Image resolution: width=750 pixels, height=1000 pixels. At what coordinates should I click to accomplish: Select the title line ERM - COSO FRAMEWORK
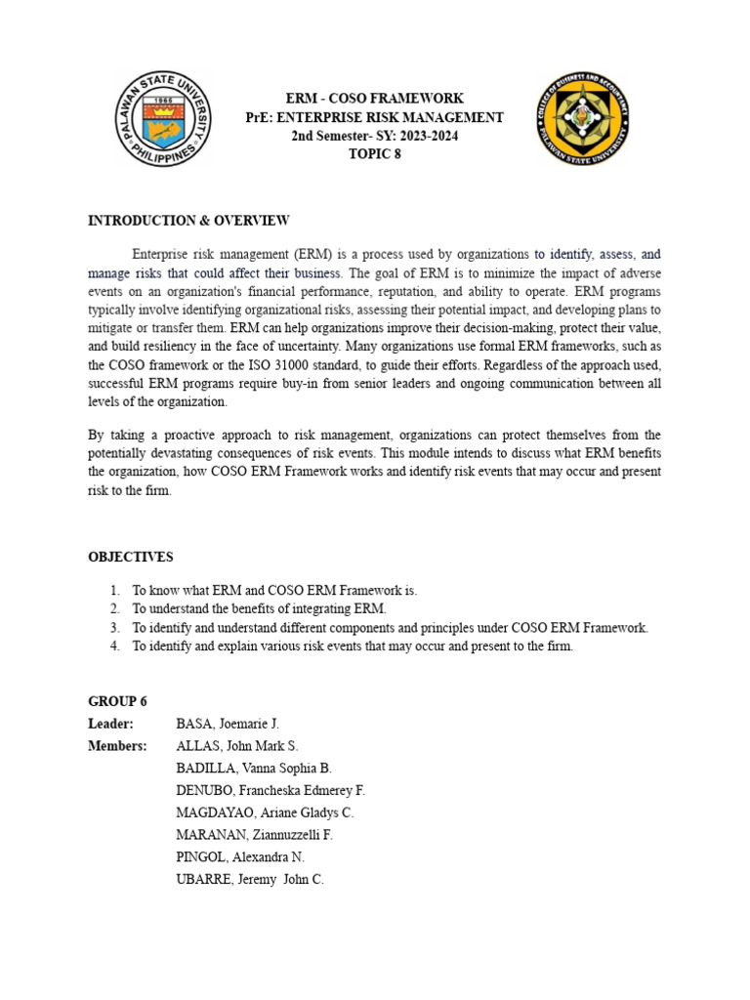tap(374, 99)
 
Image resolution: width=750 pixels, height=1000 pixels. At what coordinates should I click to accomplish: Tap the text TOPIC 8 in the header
tap(374, 153)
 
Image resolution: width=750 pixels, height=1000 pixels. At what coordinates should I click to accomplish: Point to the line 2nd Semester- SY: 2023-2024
tap(374, 136)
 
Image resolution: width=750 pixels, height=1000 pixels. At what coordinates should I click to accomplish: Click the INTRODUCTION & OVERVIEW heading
tap(188, 221)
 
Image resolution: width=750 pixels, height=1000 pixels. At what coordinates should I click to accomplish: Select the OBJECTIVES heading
tap(131, 557)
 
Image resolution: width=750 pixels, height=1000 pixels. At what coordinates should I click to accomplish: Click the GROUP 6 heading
tap(117, 701)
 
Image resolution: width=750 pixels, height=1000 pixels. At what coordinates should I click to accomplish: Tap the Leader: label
tap(110, 724)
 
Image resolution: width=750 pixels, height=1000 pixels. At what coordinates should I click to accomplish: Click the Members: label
tap(117, 746)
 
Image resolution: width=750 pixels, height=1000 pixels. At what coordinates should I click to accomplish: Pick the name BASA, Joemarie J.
tap(228, 724)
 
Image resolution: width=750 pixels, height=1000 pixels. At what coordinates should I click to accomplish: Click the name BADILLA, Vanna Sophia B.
tap(254, 769)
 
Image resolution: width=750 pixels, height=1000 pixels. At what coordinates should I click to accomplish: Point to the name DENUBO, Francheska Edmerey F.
tap(271, 790)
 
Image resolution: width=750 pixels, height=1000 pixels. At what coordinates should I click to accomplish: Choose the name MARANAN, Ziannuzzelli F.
tap(255, 835)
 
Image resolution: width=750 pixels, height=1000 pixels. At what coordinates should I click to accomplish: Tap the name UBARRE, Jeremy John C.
tap(249, 879)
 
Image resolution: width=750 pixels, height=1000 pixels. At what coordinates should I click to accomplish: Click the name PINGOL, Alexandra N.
tap(240, 856)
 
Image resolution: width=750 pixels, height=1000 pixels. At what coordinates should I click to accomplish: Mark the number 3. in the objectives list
tap(114, 628)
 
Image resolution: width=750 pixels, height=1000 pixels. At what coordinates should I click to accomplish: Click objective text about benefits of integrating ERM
tap(260, 609)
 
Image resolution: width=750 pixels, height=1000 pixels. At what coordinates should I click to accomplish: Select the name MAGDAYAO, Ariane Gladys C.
tap(265, 812)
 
